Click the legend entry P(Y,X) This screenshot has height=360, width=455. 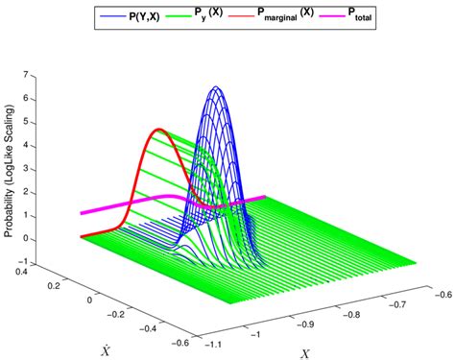tap(144, 17)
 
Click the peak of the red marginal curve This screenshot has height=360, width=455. tap(159, 130)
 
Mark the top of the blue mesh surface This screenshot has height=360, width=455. tap(217, 88)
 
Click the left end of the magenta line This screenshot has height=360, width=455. tap(82, 214)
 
